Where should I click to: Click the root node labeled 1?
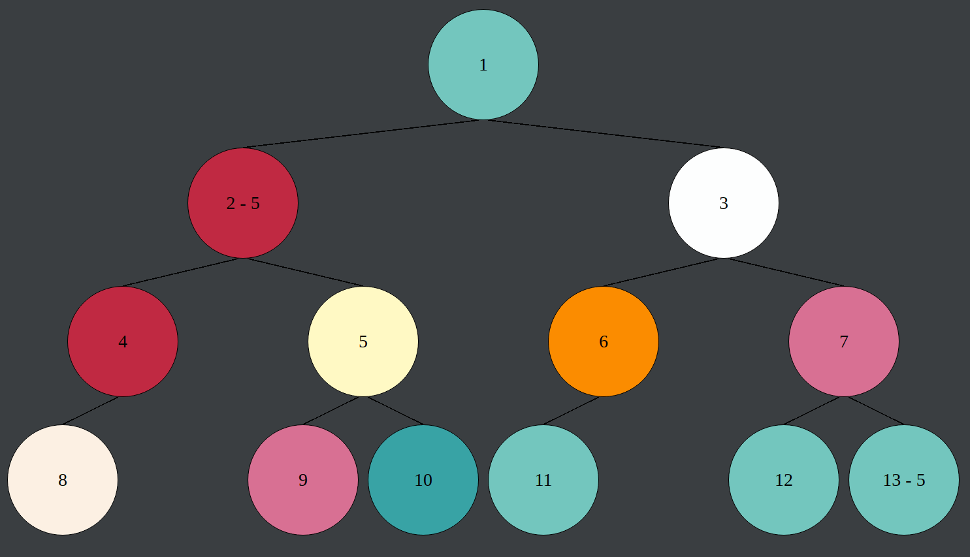coord(483,65)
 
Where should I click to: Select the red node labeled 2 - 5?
coord(243,203)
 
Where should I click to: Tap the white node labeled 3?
coord(724,203)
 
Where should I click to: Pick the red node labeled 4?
coord(123,342)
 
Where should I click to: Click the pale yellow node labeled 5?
coord(363,342)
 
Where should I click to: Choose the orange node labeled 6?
coord(604,342)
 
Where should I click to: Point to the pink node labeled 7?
coord(844,342)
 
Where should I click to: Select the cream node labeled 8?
coord(63,480)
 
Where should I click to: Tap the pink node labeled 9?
coord(303,480)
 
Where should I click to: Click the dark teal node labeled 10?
coord(423,480)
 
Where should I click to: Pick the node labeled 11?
coord(543,480)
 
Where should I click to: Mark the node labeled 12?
coord(784,480)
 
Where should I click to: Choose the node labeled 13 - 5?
coord(904,480)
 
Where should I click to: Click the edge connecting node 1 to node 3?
coord(604,134)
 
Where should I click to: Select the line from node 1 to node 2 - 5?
coord(363,134)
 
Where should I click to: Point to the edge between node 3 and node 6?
coord(664,272)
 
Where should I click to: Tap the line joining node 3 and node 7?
coord(784,272)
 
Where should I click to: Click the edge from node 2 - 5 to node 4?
coord(183,272)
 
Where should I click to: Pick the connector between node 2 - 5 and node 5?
coord(303,272)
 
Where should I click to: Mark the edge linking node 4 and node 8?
coord(91,411)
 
